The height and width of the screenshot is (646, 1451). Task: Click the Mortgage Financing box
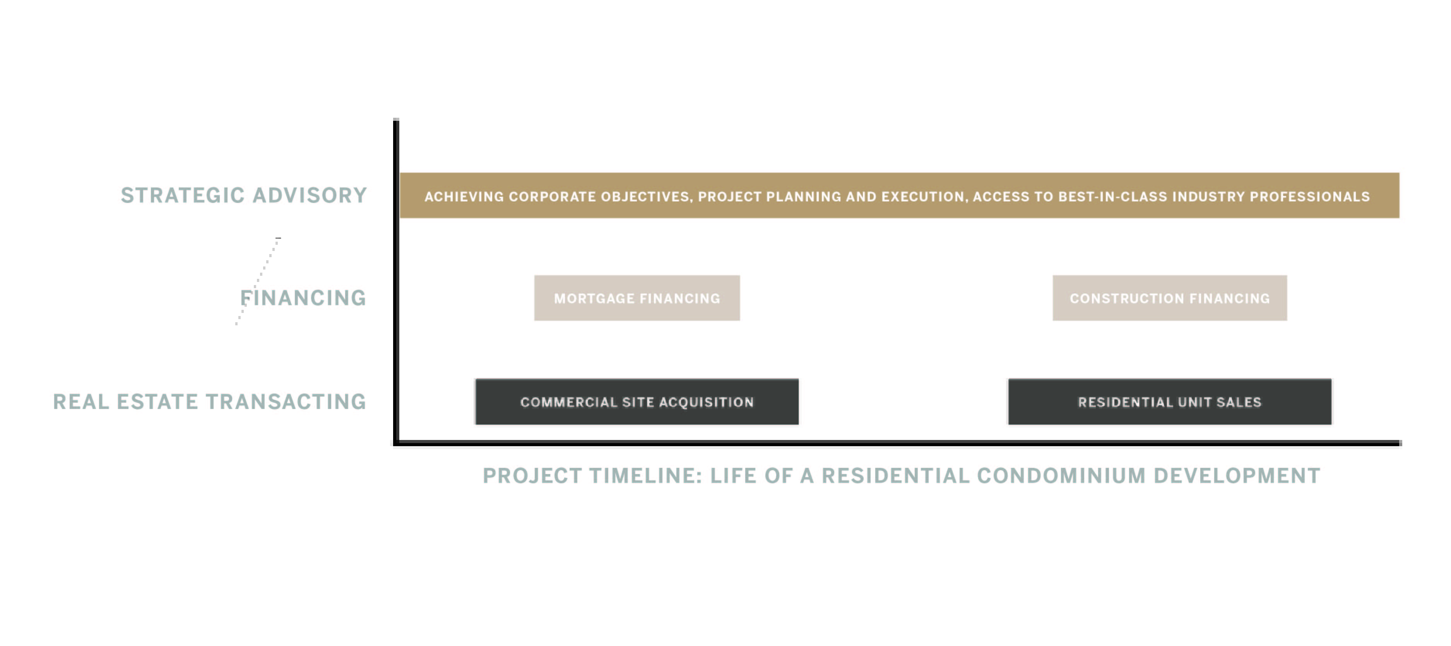tap(637, 298)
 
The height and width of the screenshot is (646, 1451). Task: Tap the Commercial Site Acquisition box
tap(637, 401)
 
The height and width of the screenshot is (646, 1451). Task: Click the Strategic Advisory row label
tap(244, 195)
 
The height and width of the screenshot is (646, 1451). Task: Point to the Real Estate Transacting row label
tap(210, 401)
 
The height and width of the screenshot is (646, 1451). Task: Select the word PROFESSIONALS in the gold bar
tap(1310, 197)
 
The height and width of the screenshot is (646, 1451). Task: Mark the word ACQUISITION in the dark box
tap(707, 402)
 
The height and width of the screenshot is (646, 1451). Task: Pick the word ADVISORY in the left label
tap(310, 195)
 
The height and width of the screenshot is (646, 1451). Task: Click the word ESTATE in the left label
tap(157, 401)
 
